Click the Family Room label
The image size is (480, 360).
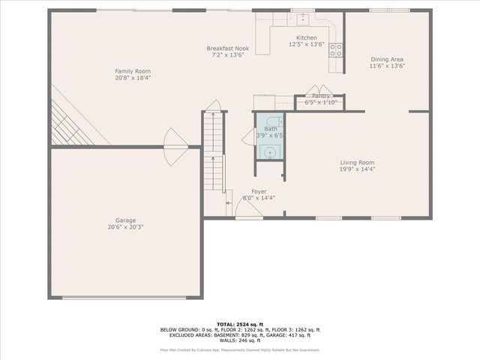pos(133,71)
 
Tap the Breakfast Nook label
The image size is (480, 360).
pos(228,48)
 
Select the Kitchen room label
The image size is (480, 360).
pos(306,37)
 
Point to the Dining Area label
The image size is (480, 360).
pos(387,58)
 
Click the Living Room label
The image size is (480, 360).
pos(357,162)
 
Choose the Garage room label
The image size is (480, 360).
pos(125,220)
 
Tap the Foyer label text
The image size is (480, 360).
pos(259,191)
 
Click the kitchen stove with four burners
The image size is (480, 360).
pos(336,50)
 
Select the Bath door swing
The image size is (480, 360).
pos(248,134)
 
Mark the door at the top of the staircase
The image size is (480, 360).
pos(214,106)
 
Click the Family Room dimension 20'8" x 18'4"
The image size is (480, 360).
pos(133,78)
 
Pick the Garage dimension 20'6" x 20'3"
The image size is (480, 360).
pos(125,226)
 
